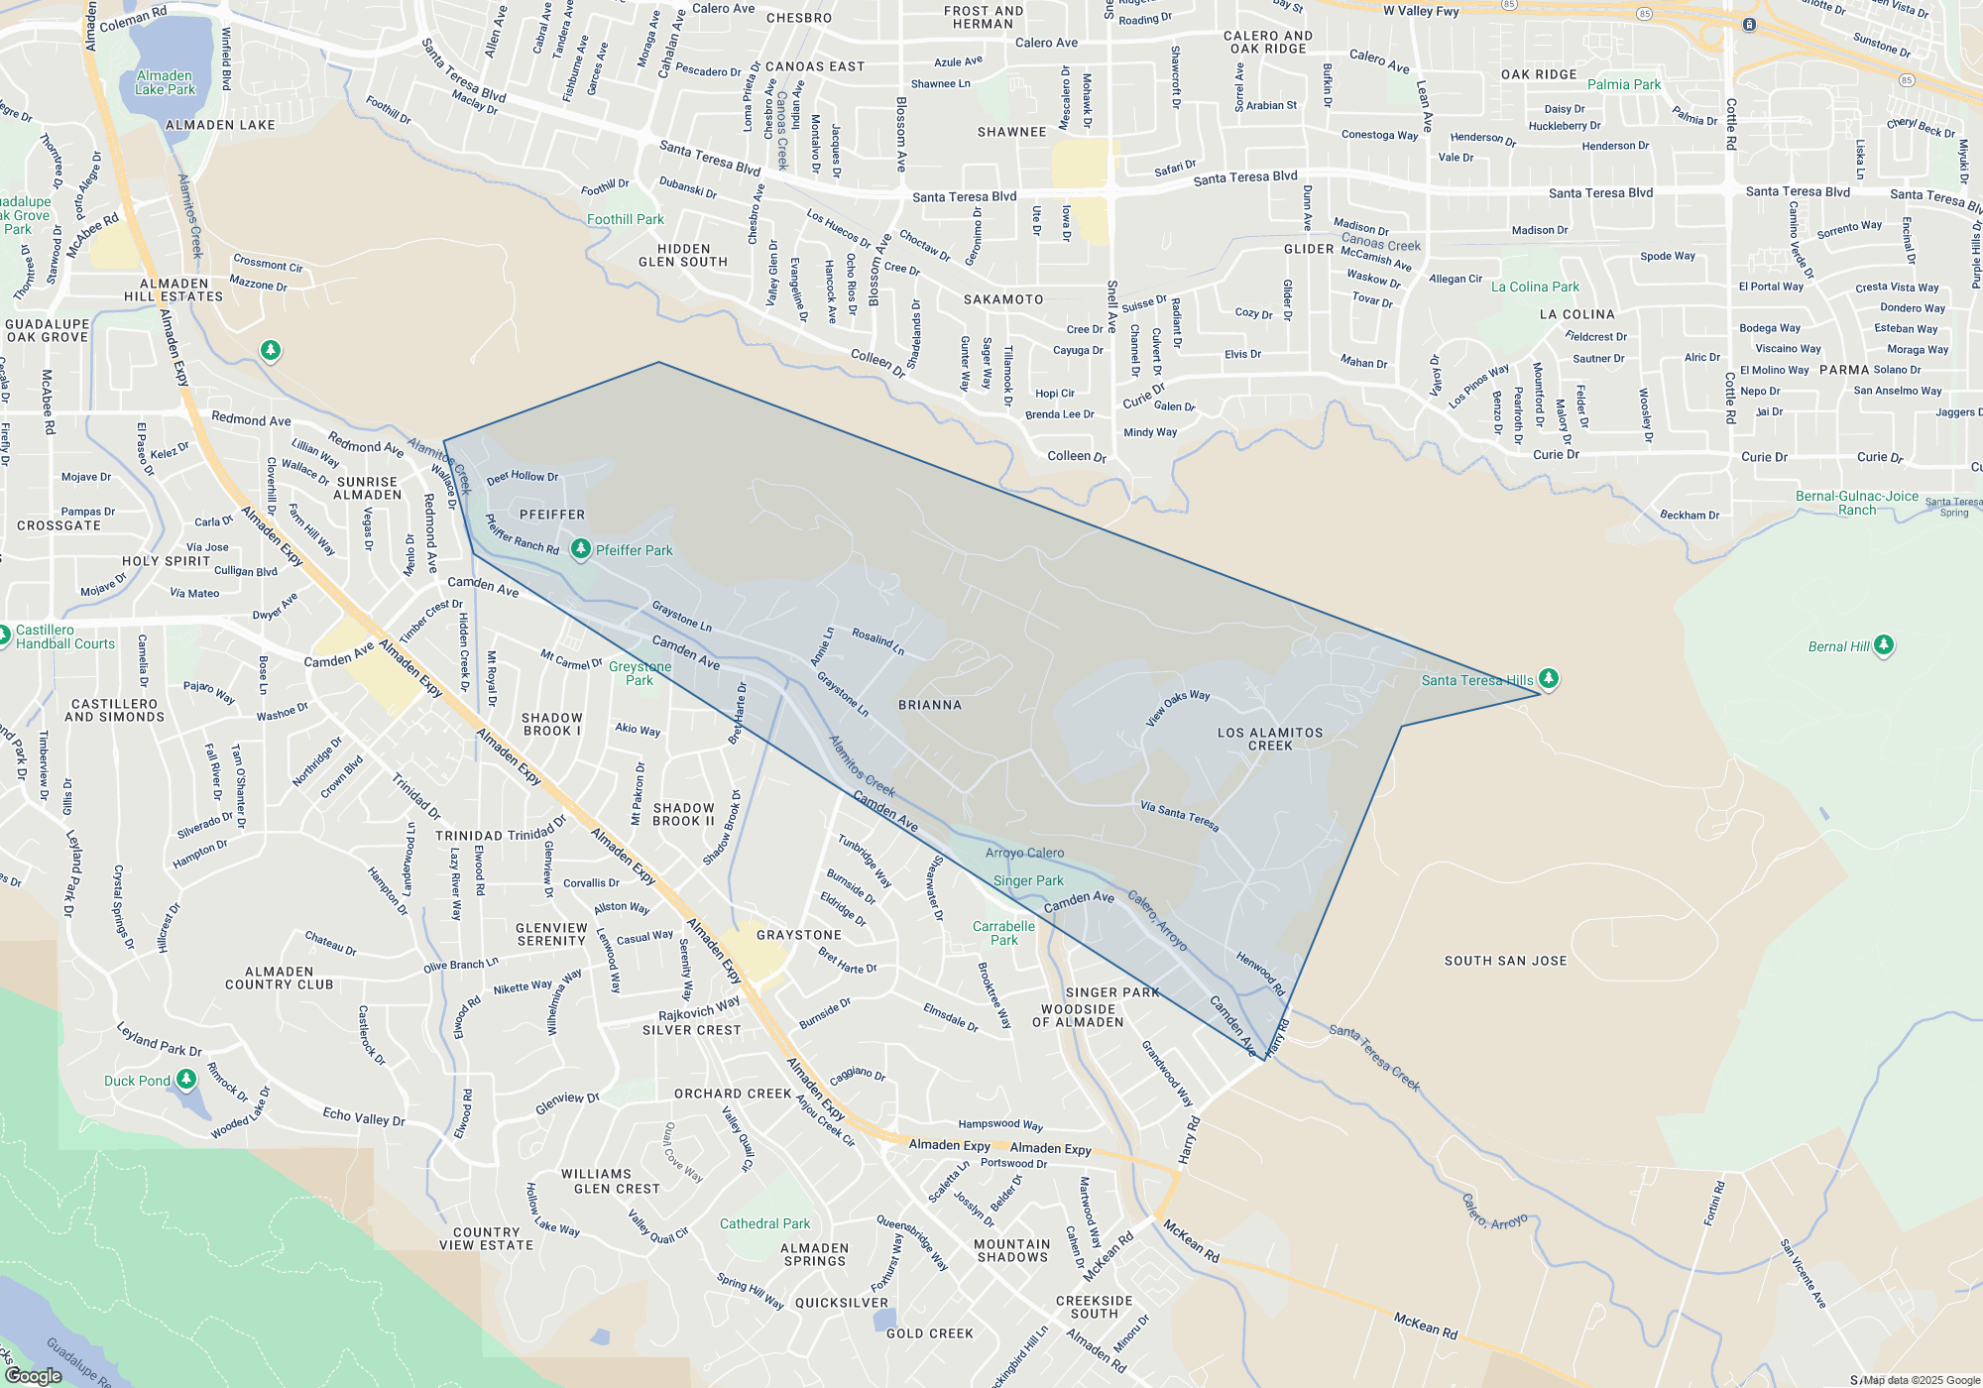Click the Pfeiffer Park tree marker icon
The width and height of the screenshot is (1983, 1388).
pos(581,549)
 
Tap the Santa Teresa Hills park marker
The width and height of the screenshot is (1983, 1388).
pos(1549,679)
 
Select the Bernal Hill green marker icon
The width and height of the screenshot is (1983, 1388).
pos(1884,645)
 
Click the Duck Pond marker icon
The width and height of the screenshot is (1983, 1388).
pos(185,1080)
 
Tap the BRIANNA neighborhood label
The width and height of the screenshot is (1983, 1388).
pos(930,705)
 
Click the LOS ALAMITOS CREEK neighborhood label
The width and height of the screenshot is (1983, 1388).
pos(1270,739)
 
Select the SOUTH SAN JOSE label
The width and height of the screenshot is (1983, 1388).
pos(1505,961)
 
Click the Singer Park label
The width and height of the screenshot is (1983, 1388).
pos(1028,880)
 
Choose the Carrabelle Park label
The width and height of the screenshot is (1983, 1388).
pos(1003,933)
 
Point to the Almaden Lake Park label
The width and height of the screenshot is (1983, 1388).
pos(166,82)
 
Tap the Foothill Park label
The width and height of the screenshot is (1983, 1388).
pos(626,219)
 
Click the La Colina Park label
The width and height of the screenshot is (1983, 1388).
pos(1535,287)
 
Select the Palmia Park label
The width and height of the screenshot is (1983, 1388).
pos(1624,84)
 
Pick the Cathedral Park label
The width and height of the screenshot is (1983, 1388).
pos(764,1223)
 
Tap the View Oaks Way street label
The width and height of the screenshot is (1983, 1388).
pos(1178,708)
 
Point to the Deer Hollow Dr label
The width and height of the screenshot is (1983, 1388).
pos(523,477)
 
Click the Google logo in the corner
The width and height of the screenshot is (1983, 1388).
pos(34,1375)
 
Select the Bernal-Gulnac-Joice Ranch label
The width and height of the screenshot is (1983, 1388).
pos(1857,503)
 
